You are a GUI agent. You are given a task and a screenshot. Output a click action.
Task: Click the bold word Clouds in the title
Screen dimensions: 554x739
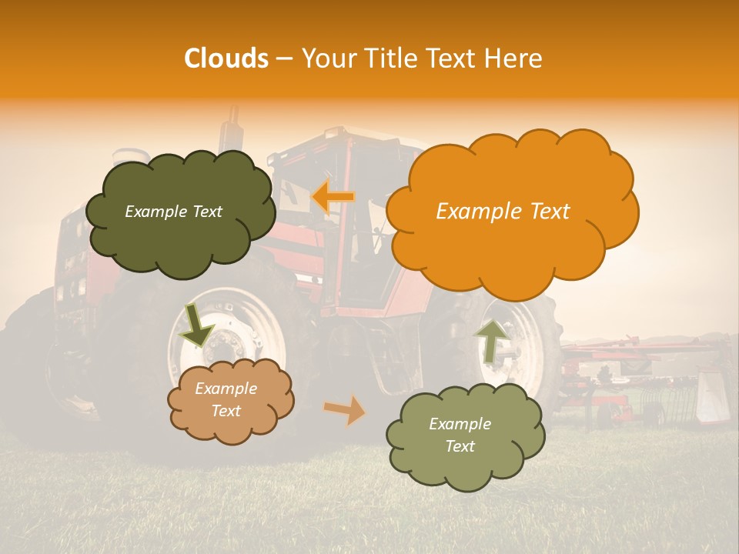tap(226, 58)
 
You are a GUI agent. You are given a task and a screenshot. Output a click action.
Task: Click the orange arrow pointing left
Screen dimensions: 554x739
tap(333, 196)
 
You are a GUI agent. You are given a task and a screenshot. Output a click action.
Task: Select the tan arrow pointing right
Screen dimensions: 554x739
tap(345, 410)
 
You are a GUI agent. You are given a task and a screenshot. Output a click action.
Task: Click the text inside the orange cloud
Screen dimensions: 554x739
tap(503, 212)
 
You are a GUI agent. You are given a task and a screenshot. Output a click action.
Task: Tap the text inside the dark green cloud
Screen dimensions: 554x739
tap(173, 212)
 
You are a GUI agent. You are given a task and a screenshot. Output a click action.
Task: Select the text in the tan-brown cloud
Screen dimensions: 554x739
tap(226, 399)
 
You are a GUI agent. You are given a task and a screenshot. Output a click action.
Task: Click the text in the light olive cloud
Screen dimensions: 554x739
tap(460, 435)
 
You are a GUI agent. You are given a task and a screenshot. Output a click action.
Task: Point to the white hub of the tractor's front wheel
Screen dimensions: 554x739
tap(231, 339)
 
